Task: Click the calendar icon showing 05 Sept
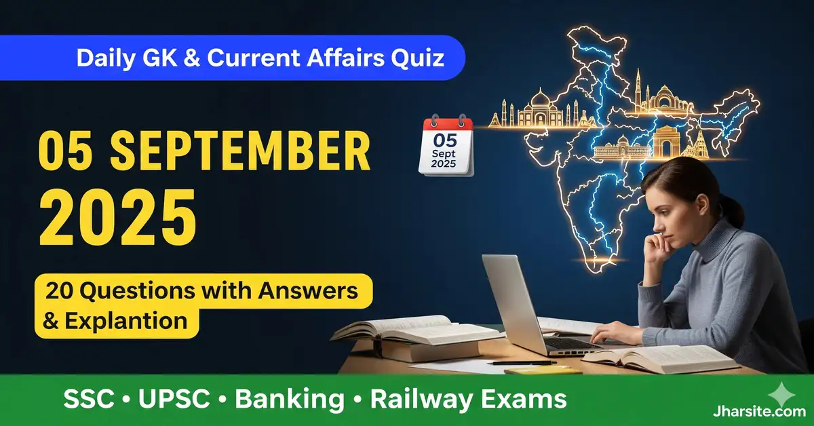446,145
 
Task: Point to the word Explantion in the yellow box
125,320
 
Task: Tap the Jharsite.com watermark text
764,411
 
